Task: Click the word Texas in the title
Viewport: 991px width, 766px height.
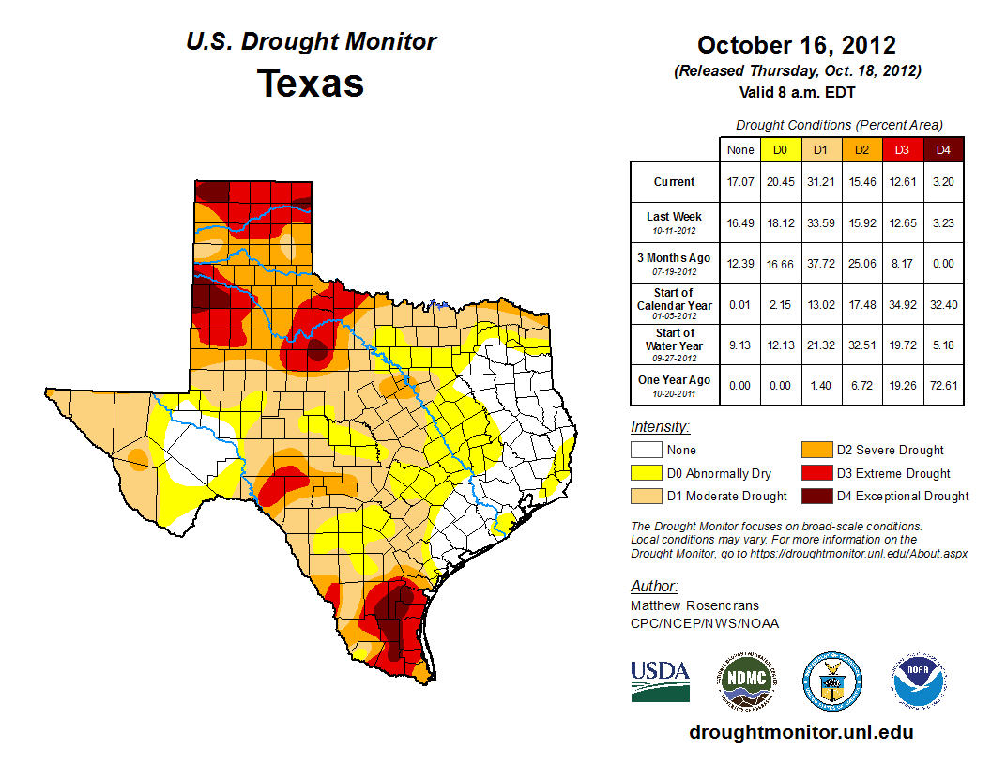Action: click(x=311, y=83)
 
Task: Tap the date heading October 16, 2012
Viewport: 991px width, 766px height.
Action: click(x=796, y=45)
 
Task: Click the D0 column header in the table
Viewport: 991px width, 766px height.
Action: click(x=780, y=149)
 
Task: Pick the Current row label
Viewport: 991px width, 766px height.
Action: click(x=675, y=182)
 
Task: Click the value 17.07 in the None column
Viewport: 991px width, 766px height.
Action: click(x=739, y=182)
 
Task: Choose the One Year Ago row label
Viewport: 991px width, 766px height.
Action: click(x=675, y=380)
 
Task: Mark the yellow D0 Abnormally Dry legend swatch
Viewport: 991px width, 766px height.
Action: click(x=646, y=473)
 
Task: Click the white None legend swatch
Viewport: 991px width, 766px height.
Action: click(x=646, y=451)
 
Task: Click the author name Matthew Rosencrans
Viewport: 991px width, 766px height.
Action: click(x=694, y=605)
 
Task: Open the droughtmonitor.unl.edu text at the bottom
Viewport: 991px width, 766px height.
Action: click(x=800, y=732)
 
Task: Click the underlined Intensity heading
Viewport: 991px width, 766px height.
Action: click(x=660, y=427)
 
